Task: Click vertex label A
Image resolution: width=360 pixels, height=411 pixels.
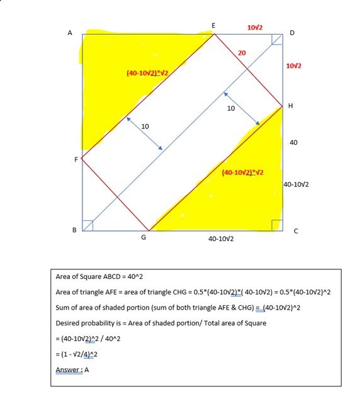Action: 70,33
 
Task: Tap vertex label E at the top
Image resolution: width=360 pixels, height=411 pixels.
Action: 213,25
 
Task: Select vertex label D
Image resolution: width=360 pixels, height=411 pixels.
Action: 291,33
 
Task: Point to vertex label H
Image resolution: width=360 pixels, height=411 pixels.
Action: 290,106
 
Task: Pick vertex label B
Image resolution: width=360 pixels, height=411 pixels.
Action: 74,230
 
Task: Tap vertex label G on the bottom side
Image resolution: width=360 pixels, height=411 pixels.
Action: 144,239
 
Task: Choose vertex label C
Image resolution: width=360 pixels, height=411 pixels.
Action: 295,231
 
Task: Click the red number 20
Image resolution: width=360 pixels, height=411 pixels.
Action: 242,53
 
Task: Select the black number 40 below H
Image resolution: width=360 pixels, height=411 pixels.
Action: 293,143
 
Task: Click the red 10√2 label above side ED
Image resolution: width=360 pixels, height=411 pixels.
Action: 255,28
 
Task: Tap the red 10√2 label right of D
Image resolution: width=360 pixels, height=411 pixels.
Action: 293,66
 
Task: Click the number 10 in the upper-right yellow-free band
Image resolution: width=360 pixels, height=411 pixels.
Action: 230,108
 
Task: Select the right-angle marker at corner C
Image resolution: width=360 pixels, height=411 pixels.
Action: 276,225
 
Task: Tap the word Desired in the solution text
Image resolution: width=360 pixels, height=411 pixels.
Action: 69,323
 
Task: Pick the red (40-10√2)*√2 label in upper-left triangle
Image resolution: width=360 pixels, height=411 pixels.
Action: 151,74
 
